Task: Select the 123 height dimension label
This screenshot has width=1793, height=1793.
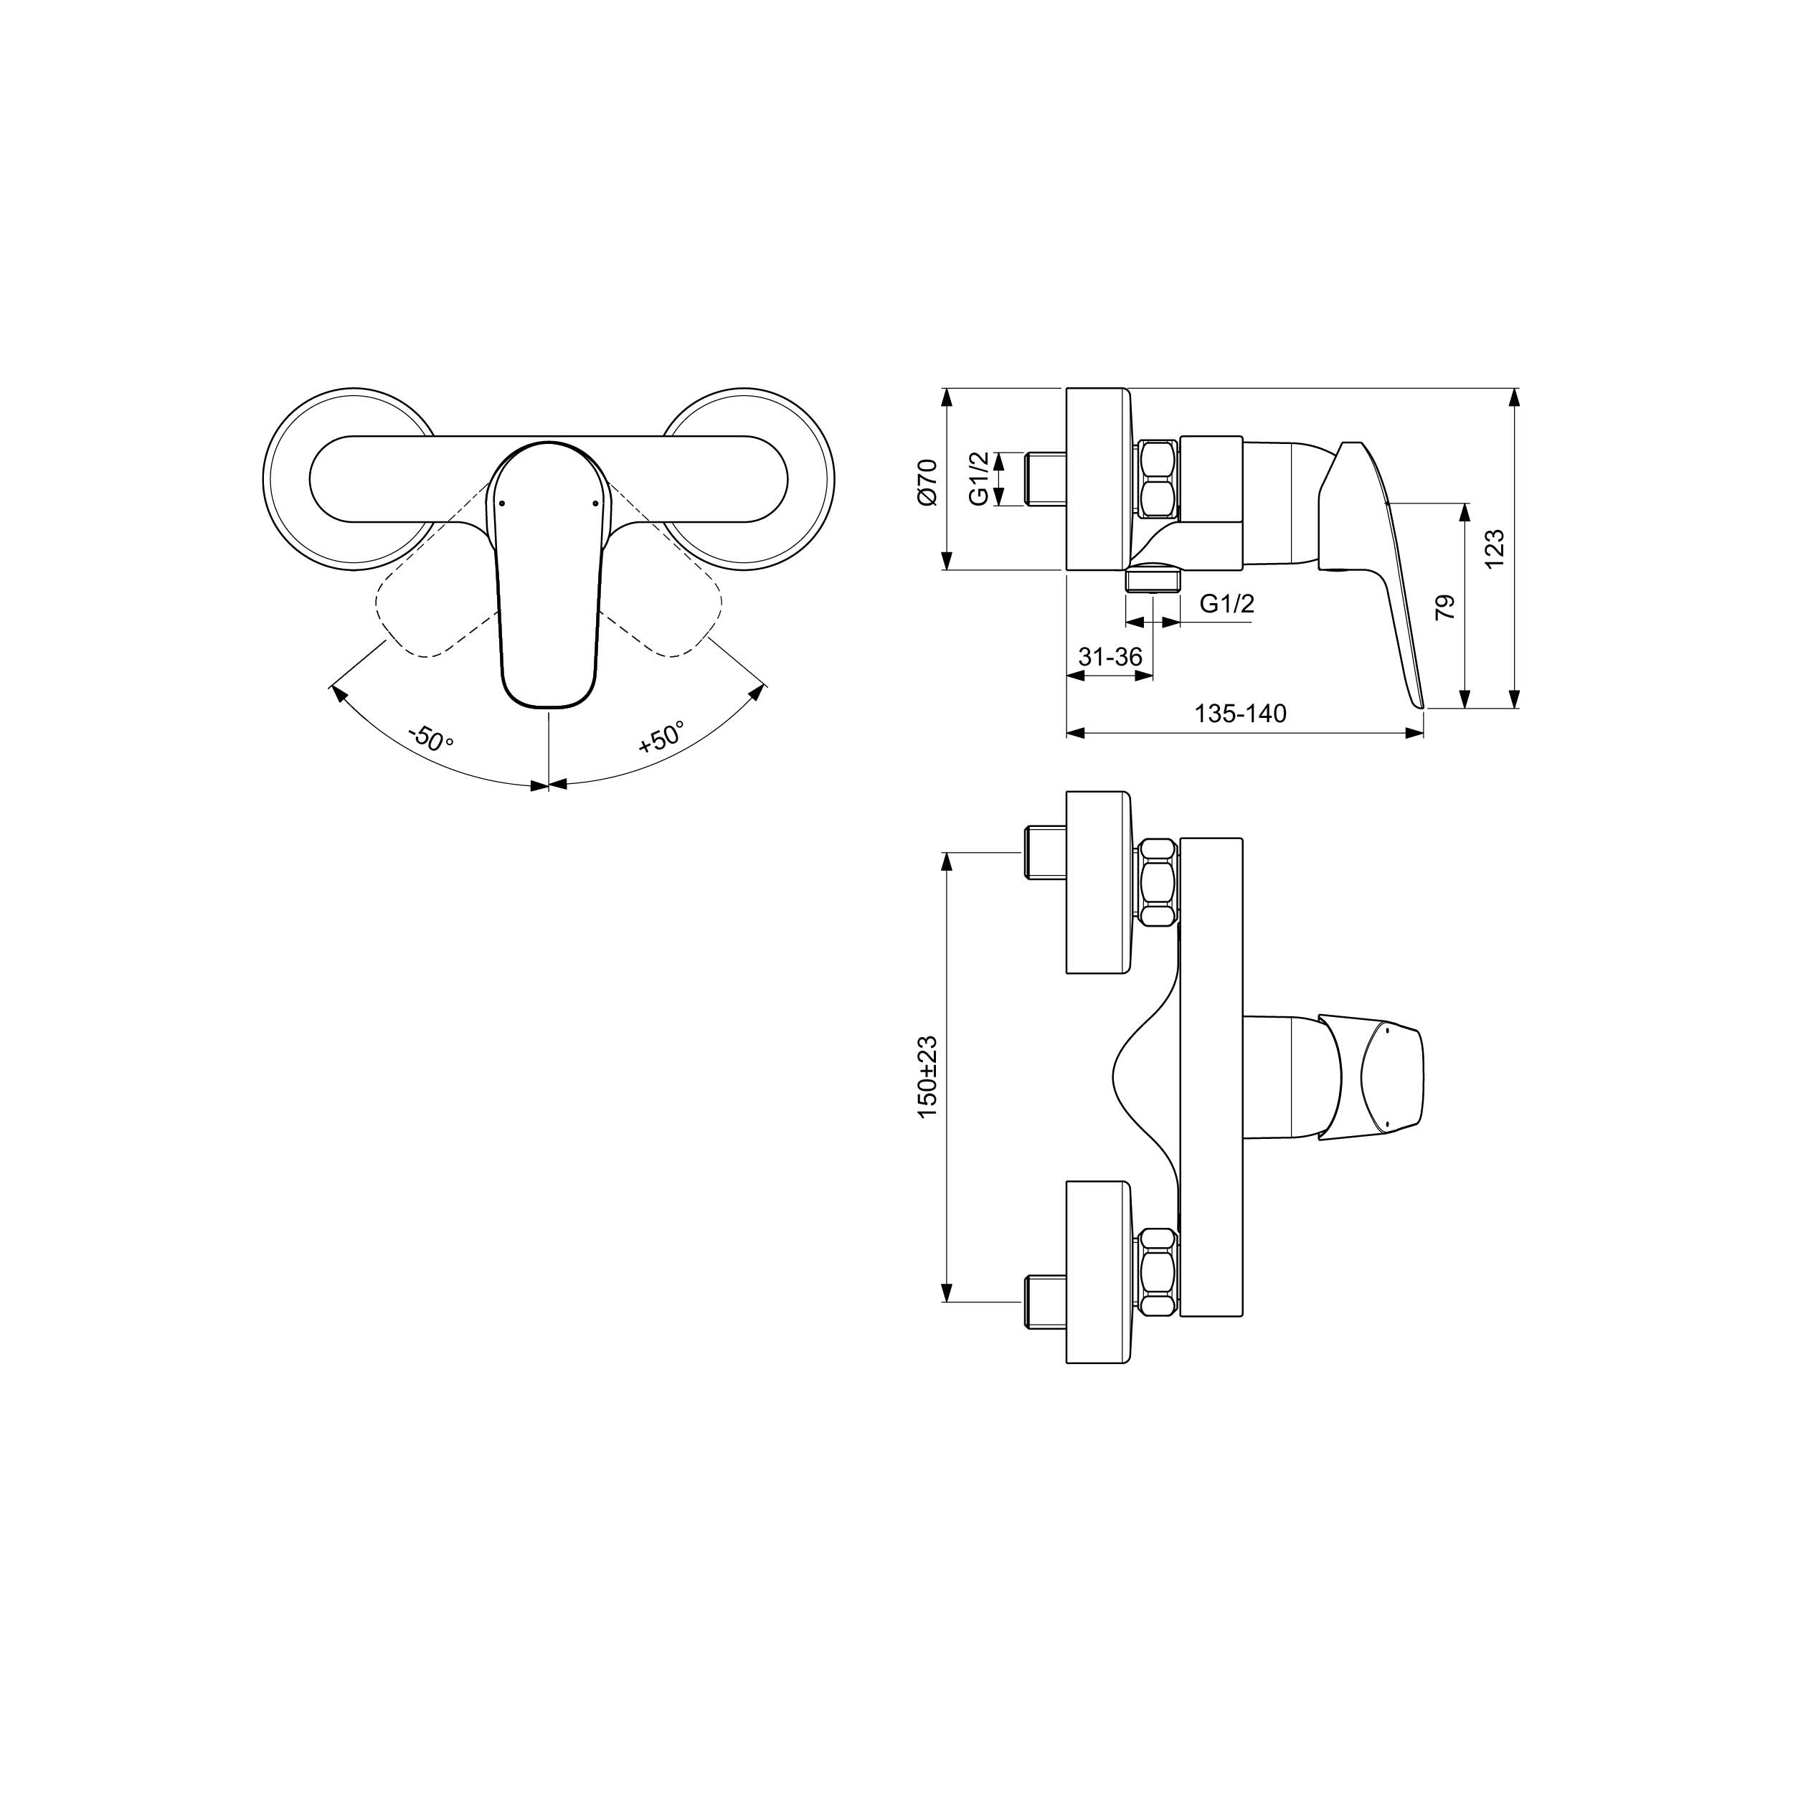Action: point(1493,549)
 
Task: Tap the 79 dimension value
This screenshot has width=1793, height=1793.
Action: point(1445,608)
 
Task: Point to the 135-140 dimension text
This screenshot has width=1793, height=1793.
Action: point(1240,714)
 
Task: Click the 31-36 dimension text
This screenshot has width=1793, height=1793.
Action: point(1110,656)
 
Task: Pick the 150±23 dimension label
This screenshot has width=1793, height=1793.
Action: point(927,1077)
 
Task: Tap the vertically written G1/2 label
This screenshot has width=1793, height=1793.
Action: point(979,479)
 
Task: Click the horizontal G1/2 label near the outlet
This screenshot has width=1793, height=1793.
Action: point(1227,603)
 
